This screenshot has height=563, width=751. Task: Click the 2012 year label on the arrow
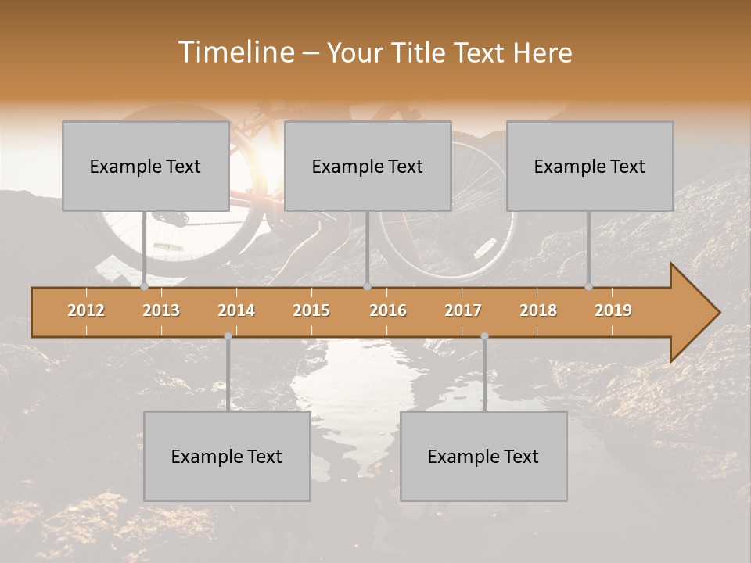click(86, 310)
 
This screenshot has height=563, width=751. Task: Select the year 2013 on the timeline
click(161, 310)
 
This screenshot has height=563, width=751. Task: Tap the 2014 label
click(236, 310)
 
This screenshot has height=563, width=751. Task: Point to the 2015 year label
click(311, 310)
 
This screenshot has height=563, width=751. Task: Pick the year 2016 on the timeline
click(388, 310)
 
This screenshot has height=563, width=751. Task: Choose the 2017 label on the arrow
click(463, 310)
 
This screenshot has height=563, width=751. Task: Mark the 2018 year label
click(538, 310)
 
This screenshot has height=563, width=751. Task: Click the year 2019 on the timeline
click(613, 310)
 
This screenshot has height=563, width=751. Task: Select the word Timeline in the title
click(235, 52)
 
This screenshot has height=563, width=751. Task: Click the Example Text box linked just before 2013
click(146, 166)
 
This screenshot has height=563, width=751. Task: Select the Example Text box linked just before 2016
click(368, 166)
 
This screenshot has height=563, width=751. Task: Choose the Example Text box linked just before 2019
click(590, 166)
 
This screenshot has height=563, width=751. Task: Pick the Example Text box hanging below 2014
click(227, 456)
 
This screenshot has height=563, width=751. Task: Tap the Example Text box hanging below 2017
click(483, 456)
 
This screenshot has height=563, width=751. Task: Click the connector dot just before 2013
click(144, 287)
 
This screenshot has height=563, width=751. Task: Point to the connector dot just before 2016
click(367, 287)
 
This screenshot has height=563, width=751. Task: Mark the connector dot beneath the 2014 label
click(228, 336)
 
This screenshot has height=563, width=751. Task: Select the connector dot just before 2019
click(588, 287)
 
